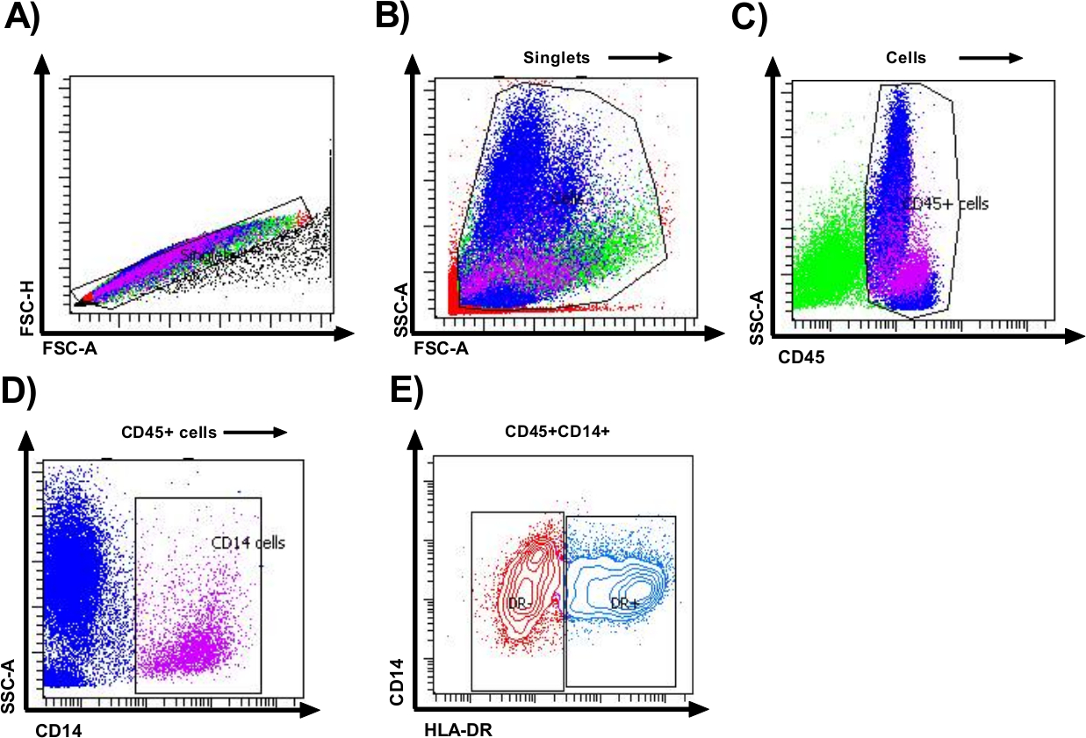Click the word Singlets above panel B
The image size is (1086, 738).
(555, 58)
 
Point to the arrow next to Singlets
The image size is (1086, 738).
(639, 58)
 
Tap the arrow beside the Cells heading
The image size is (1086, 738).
(990, 58)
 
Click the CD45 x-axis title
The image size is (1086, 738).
(797, 359)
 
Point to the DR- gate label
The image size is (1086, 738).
(518, 604)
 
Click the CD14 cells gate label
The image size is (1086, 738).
(248, 543)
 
